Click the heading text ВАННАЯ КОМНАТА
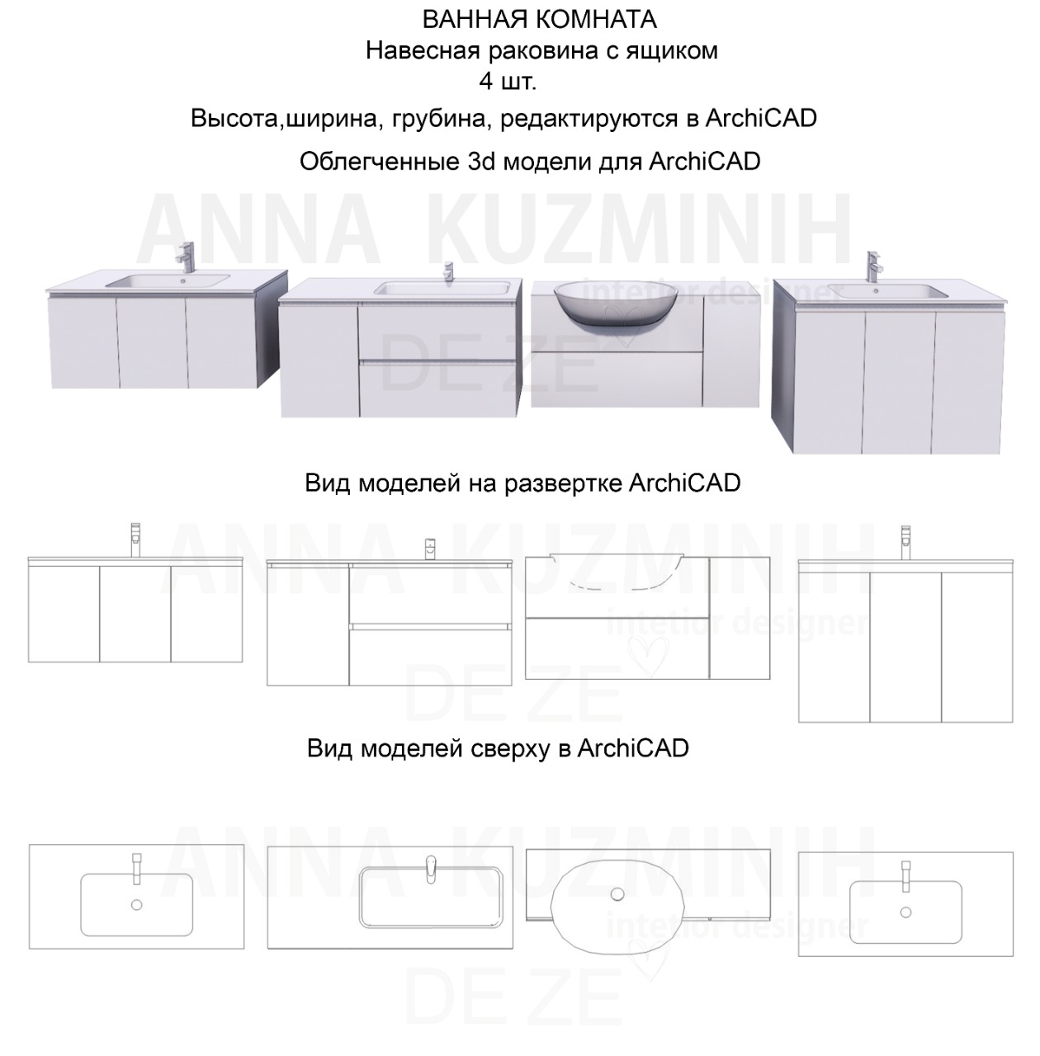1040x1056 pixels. (x=539, y=18)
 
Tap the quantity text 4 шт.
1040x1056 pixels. (x=507, y=82)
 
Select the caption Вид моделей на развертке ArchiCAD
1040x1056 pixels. (x=522, y=482)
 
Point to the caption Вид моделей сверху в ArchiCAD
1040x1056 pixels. (x=498, y=748)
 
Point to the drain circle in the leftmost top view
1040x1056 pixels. (x=137, y=904)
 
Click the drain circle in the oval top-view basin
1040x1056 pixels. (x=617, y=894)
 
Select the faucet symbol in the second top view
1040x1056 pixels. (x=429, y=868)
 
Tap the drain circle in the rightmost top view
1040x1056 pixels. (x=905, y=912)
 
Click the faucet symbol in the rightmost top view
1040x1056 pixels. (x=905, y=875)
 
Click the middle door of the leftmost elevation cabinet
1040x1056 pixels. (x=135, y=613)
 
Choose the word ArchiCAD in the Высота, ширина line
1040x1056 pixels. (x=761, y=118)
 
